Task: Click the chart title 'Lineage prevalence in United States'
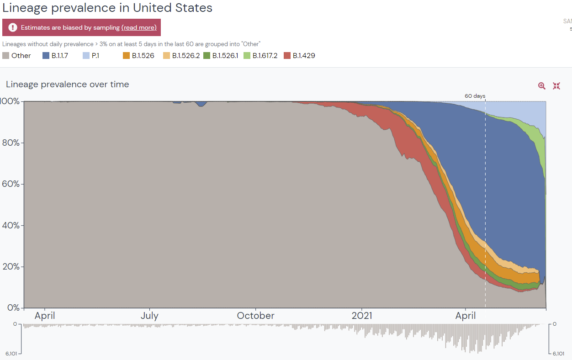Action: coord(107,8)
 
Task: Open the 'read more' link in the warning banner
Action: coord(139,27)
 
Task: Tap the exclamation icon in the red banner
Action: coord(13,27)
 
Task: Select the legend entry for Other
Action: coord(17,56)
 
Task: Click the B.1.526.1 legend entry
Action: coord(221,56)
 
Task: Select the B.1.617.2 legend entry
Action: coord(260,56)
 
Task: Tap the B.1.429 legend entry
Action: coord(299,56)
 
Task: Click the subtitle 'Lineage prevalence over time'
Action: coord(68,85)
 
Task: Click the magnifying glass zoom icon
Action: coord(542,86)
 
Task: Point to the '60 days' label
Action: coord(475,96)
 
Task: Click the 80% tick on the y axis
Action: coord(10,143)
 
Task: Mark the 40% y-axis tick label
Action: coord(10,225)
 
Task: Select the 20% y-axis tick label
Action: coord(10,267)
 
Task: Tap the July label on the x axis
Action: coord(149,316)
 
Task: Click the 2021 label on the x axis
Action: coord(362,316)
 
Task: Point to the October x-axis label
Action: coord(255,316)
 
